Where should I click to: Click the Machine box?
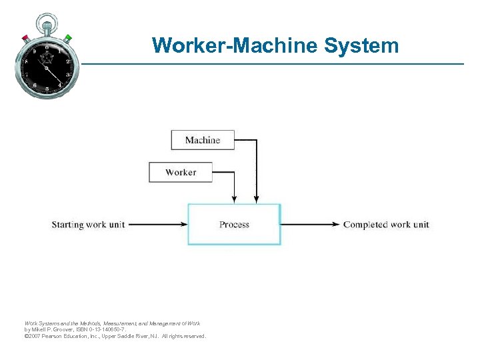tap(203, 140)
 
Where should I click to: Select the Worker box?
tap(181, 172)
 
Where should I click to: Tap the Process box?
tap(234, 225)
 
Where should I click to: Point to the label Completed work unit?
tap(386, 225)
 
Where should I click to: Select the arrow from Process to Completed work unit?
tap(311, 225)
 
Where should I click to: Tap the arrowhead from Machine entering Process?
tap(257, 199)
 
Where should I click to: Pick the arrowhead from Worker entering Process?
tap(234, 199)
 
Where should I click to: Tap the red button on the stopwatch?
tap(25, 37)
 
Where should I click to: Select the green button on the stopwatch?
tap(68, 37)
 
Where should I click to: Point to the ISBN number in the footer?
tap(100, 330)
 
